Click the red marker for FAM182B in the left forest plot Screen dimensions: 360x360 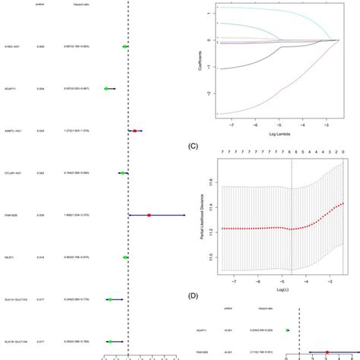[x=150, y=215]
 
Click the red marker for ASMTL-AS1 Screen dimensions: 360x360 [x=134, y=131]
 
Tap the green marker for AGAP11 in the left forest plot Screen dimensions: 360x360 [x=106, y=89]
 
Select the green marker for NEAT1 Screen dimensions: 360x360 [x=125, y=257]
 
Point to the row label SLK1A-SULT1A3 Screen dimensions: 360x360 [x=16, y=300]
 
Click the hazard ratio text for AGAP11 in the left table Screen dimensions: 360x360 [x=74, y=89]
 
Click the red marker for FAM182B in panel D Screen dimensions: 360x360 [x=327, y=352]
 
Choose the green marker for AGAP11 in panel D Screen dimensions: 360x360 [x=287, y=330]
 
